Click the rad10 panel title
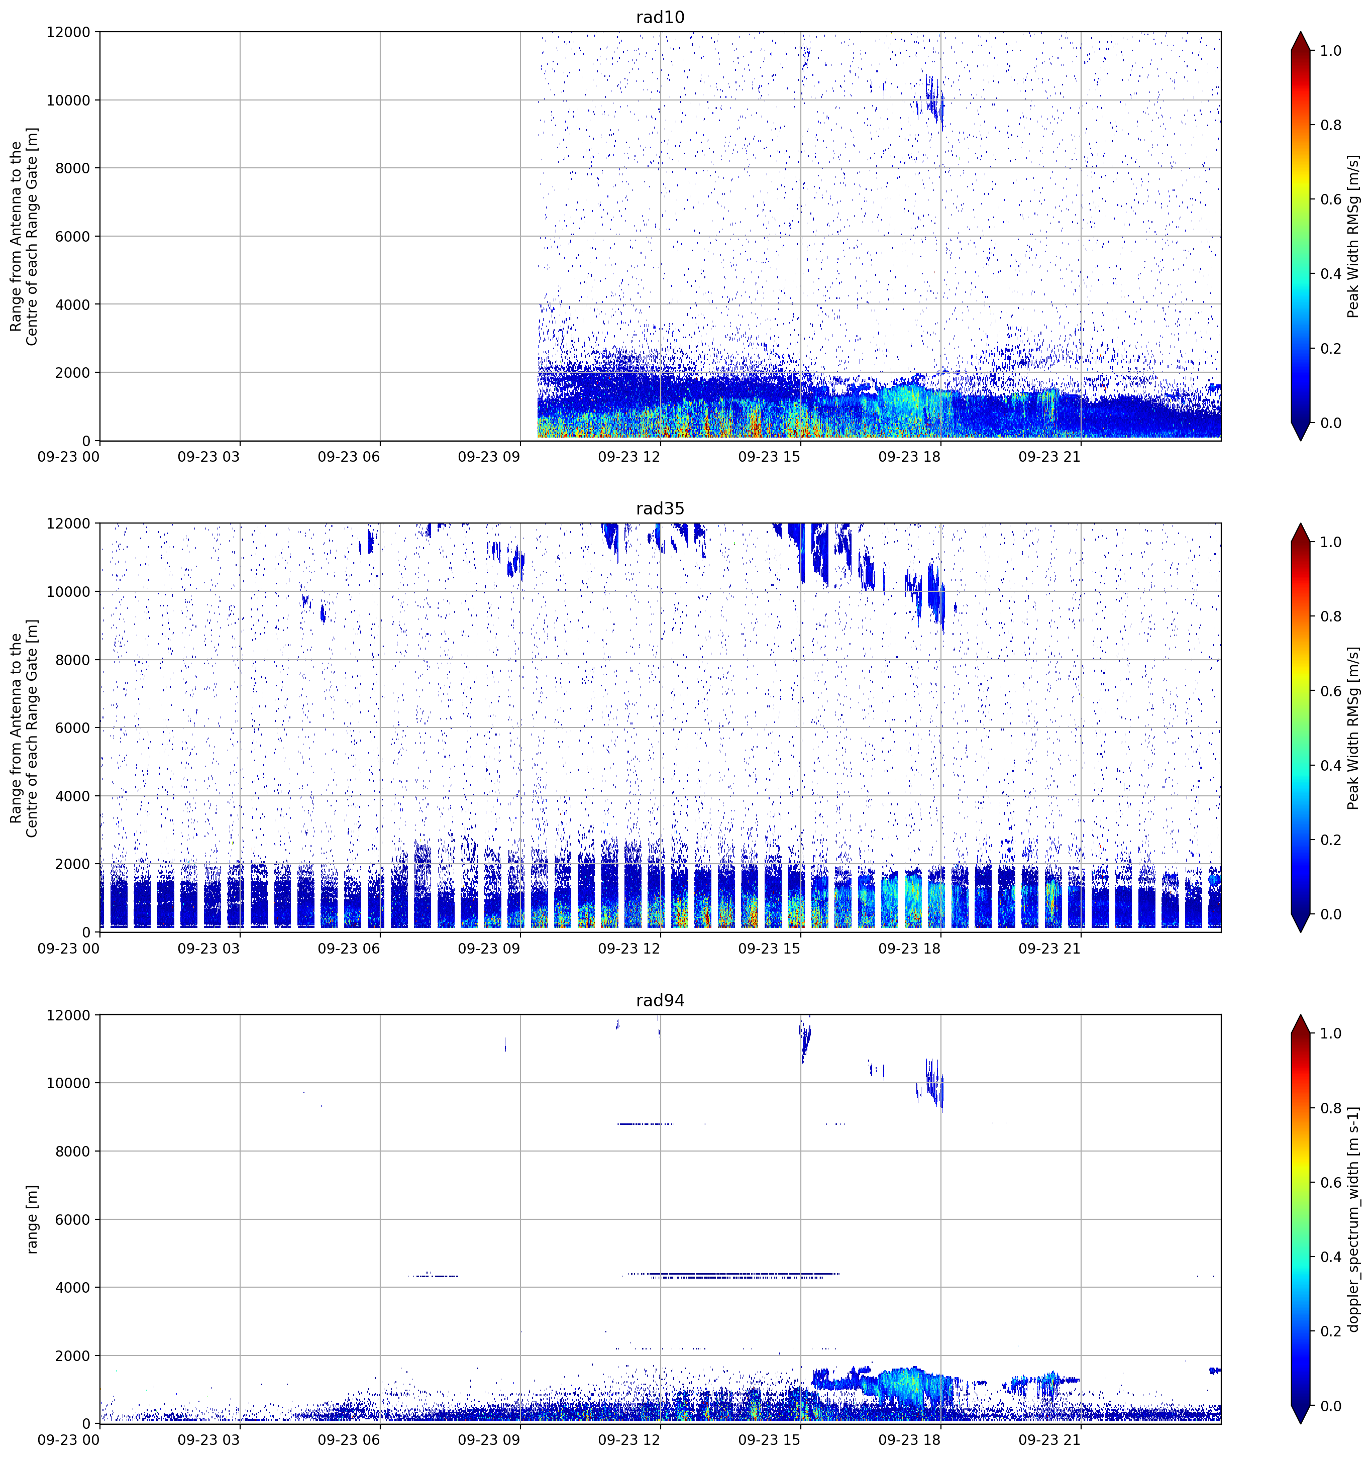tap(660, 17)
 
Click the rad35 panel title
tap(660, 509)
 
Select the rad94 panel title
tap(660, 1000)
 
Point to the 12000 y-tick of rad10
tap(68, 32)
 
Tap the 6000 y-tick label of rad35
tap(73, 728)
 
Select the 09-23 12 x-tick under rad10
tap(629, 457)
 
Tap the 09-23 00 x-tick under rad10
tap(68, 457)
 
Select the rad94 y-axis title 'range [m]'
tap(32, 1219)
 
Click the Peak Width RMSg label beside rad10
tap(1354, 236)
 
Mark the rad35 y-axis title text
tap(24, 728)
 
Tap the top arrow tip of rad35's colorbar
tap(1300, 524)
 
